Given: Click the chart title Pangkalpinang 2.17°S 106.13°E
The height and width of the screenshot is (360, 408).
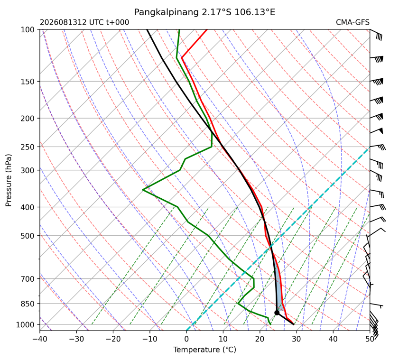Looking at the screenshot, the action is [x=204, y=12].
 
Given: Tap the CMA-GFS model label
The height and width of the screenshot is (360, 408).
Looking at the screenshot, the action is [x=352, y=22].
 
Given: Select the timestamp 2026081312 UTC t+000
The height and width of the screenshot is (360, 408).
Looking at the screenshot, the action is [x=84, y=22].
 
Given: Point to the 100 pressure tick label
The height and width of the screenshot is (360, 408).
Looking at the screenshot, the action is [x=28, y=30].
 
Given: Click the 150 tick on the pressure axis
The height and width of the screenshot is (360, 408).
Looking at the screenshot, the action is [x=28, y=82].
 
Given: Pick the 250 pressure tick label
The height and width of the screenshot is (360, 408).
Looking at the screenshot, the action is [x=28, y=147].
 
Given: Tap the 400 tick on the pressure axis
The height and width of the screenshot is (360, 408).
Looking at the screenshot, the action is [x=28, y=207].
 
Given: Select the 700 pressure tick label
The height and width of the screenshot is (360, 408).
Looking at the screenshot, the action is [x=28, y=279].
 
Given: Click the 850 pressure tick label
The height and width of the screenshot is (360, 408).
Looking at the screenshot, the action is [x=28, y=304].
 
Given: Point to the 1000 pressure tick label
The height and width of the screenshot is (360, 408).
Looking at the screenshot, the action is [x=25, y=324].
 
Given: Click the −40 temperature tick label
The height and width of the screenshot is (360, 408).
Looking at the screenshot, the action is [x=40, y=339].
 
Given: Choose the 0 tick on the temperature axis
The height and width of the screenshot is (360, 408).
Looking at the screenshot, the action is [x=186, y=339].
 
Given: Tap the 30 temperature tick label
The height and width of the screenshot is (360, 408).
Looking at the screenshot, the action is [x=297, y=339].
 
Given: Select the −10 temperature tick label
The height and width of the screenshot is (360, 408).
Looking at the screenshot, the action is [x=150, y=339].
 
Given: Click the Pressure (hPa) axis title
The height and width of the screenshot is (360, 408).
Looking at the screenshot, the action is [x=9, y=180].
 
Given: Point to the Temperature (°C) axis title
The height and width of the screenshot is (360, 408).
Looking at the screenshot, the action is [x=205, y=350].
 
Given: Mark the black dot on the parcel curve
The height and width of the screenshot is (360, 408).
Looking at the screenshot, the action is [x=277, y=313].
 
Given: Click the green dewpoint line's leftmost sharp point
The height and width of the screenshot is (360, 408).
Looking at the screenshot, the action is [x=143, y=190].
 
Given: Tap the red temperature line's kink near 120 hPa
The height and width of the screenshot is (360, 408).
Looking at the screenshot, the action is [x=182, y=57].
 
